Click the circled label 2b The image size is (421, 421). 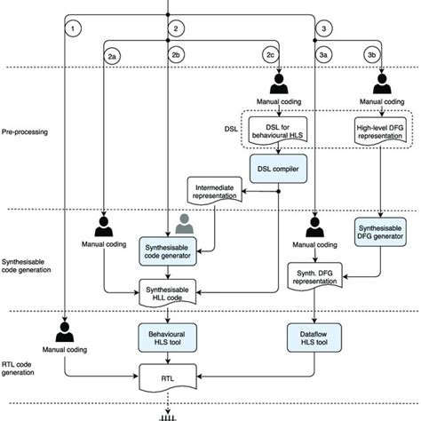tap(176, 56)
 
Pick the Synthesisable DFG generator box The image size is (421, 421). tap(382, 233)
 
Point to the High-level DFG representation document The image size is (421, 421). tap(382, 132)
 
